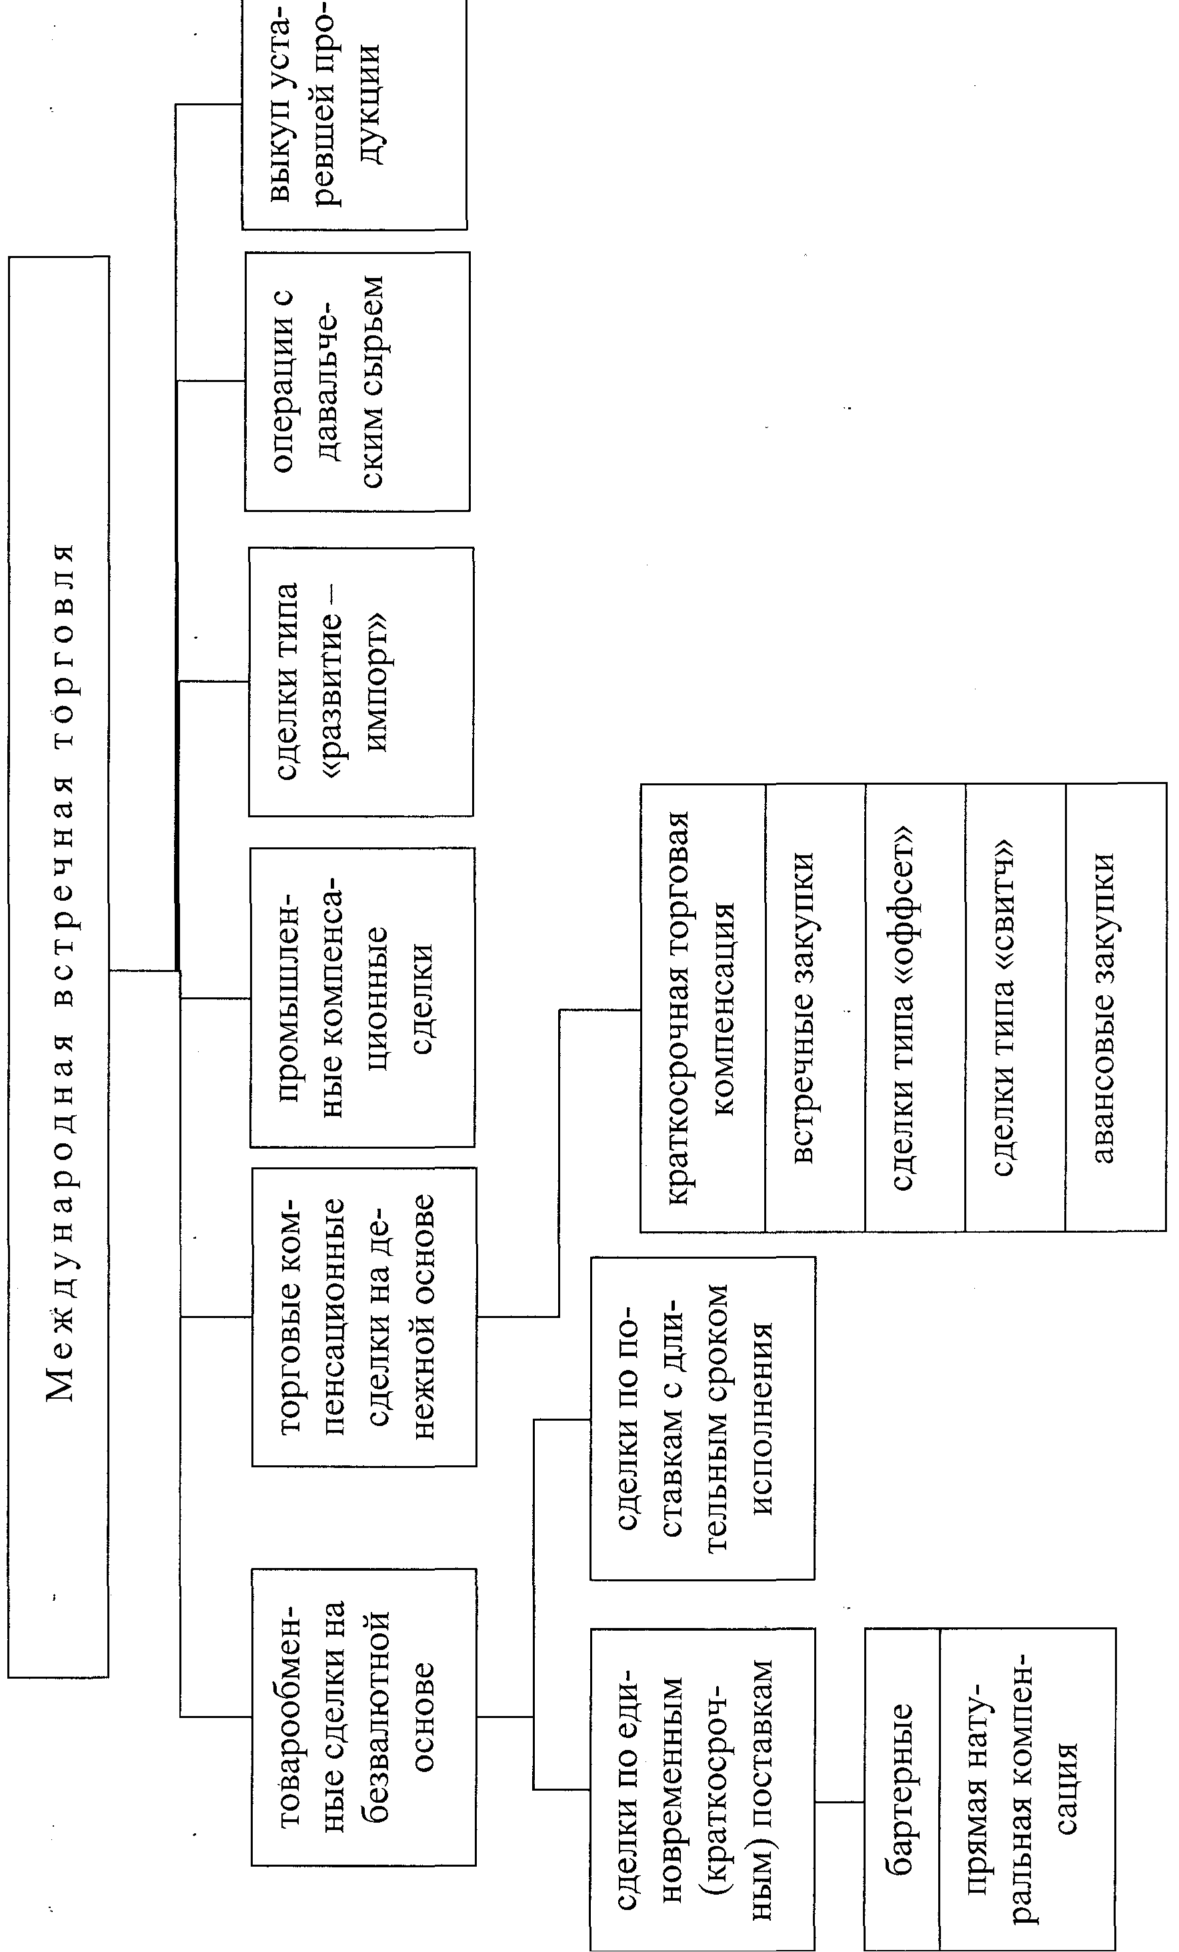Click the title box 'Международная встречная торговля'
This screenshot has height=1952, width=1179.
click(x=59, y=967)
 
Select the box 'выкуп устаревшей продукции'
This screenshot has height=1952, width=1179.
click(x=354, y=115)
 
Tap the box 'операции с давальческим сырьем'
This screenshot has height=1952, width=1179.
click(x=357, y=381)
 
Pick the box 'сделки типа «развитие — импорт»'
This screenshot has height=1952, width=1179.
click(x=361, y=681)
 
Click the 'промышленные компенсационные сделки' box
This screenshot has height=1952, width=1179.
click(x=362, y=997)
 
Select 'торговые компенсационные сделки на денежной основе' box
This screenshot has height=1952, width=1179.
click(x=363, y=1317)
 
